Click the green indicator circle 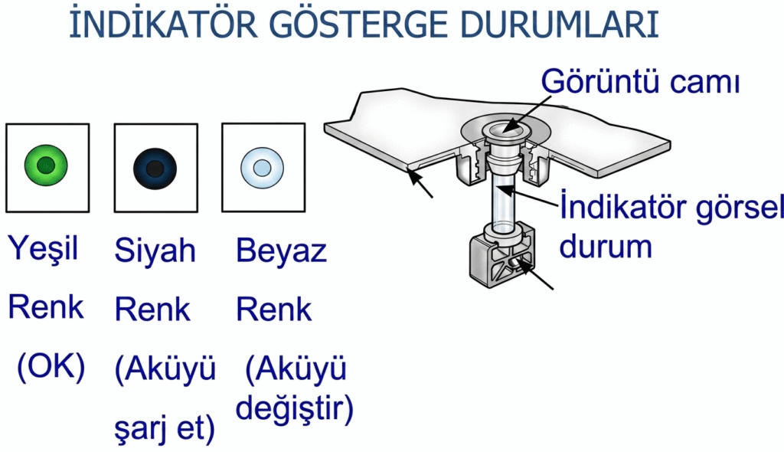[x=46, y=165]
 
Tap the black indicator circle [x=155, y=166]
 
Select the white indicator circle [x=262, y=166]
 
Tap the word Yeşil [x=44, y=249]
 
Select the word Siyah [x=155, y=250]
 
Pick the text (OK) [x=51, y=368]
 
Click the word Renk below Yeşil [x=45, y=308]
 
